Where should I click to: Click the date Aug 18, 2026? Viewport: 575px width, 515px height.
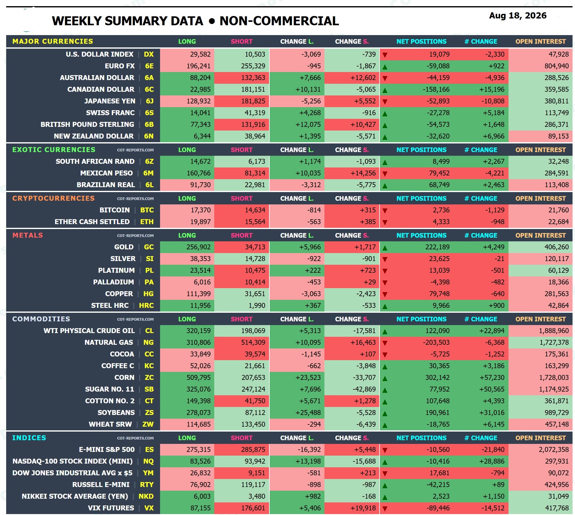point(518,16)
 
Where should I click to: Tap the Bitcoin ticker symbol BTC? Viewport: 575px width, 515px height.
point(147,210)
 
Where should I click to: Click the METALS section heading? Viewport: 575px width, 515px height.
point(28,235)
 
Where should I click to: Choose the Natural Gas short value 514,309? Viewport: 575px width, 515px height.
point(253,343)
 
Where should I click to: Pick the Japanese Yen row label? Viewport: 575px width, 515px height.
point(110,101)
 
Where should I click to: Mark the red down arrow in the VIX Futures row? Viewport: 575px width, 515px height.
point(385,509)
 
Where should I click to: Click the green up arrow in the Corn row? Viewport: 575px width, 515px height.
point(385,378)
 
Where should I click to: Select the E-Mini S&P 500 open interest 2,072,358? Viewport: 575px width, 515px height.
point(554,450)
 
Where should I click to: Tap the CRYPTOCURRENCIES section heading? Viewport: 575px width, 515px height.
point(54,199)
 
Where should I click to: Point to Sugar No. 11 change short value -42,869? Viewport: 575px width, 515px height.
point(364,389)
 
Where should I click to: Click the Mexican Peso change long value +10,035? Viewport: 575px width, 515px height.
point(308,173)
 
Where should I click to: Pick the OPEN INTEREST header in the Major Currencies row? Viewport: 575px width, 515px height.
point(541,42)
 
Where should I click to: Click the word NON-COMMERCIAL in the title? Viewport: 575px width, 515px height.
point(279,21)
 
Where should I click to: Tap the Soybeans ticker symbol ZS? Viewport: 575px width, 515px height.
point(149,413)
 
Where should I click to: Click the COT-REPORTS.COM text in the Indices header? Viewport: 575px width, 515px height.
point(135,438)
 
